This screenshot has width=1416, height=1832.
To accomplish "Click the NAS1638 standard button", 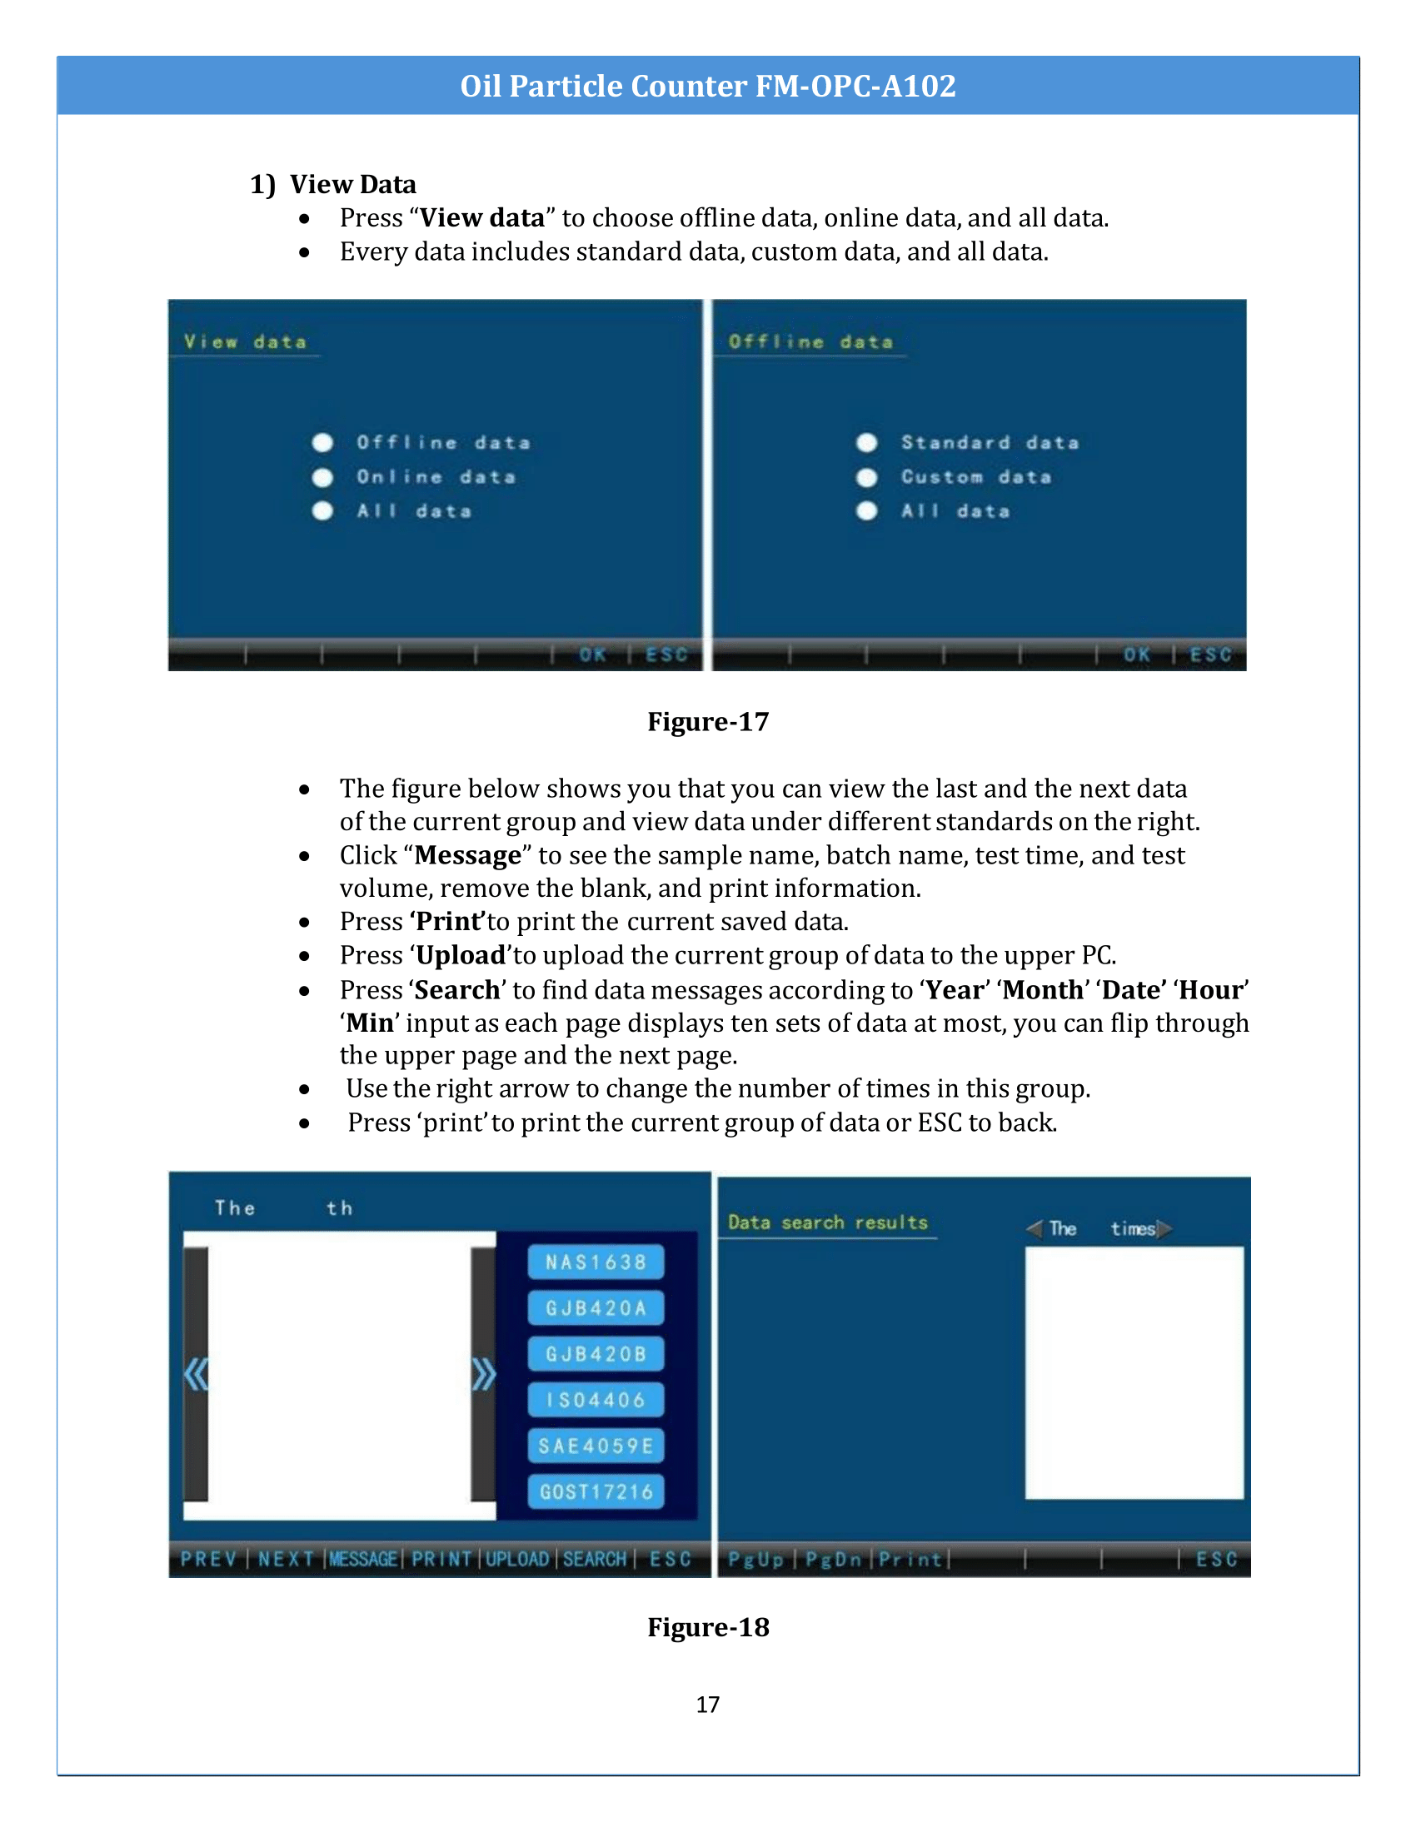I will pyautogui.click(x=596, y=1262).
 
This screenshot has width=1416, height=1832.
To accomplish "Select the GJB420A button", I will pyautogui.click(x=596, y=1307).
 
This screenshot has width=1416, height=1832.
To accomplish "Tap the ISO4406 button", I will pyautogui.click(x=596, y=1399).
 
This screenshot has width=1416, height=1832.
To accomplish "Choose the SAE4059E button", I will pyautogui.click(x=596, y=1446).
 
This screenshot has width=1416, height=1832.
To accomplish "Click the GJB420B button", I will pyautogui.click(x=596, y=1354).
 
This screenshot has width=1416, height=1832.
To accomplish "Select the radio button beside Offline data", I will pyautogui.click(x=322, y=443).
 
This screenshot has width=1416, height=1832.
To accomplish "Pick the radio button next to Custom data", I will pyautogui.click(x=866, y=477).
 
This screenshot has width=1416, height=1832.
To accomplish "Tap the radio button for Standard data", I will pyautogui.click(x=866, y=443).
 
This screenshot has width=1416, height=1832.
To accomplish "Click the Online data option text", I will pyautogui.click(x=436, y=477).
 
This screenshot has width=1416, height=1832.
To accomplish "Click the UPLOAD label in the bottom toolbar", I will pyautogui.click(x=516, y=1559).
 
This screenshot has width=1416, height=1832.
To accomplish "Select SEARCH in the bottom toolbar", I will pyautogui.click(x=595, y=1559).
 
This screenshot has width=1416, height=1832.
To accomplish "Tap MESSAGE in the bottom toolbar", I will pyautogui.click(x=363, y=1559).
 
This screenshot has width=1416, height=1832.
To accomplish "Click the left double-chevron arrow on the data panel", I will pyautogui.click(x=196, y=1375).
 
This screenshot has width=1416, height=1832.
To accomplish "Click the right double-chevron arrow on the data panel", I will pyautogui.click(x=483, y=1375).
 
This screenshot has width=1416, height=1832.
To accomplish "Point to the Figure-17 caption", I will pyautogui.click(x=708, y=721).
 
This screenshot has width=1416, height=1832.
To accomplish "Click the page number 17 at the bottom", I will pyautogui.click(x=707, y=1704).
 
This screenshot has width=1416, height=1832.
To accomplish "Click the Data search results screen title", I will pyautogui.click(x=827, y=1222).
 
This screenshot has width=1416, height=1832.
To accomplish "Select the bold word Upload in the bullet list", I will pyautogui.click(x=461, y=955).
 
